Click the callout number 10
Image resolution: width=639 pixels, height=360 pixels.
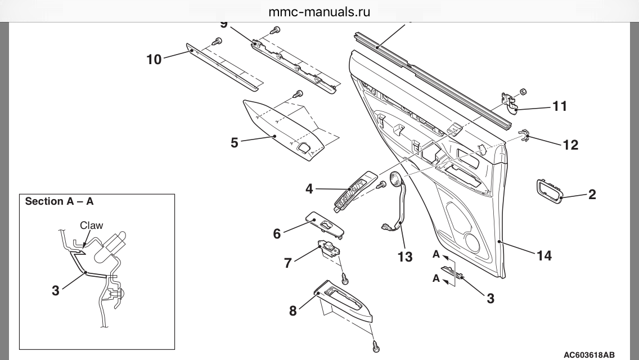click(x=154, y=58)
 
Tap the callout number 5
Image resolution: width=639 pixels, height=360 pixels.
click(x=235, y=142)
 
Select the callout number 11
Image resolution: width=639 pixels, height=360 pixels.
click(x=560, y=106)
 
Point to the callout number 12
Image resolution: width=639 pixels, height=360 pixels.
click(x=570, y=145)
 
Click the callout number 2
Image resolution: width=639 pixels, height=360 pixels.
click(x=592, y=195)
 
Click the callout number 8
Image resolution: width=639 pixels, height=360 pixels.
click(x=292, y=310)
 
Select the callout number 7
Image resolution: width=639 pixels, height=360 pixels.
click(x=288, y=262)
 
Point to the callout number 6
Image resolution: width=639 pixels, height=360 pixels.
click(x=277, y=233)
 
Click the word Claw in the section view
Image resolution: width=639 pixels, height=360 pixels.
click(x=91, y=225)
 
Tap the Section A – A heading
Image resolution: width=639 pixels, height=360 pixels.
click(x=59, y=201)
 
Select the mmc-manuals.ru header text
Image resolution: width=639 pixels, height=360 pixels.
click(x=319, y=12)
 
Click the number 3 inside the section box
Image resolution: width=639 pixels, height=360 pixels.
click(x=55, y=291)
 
